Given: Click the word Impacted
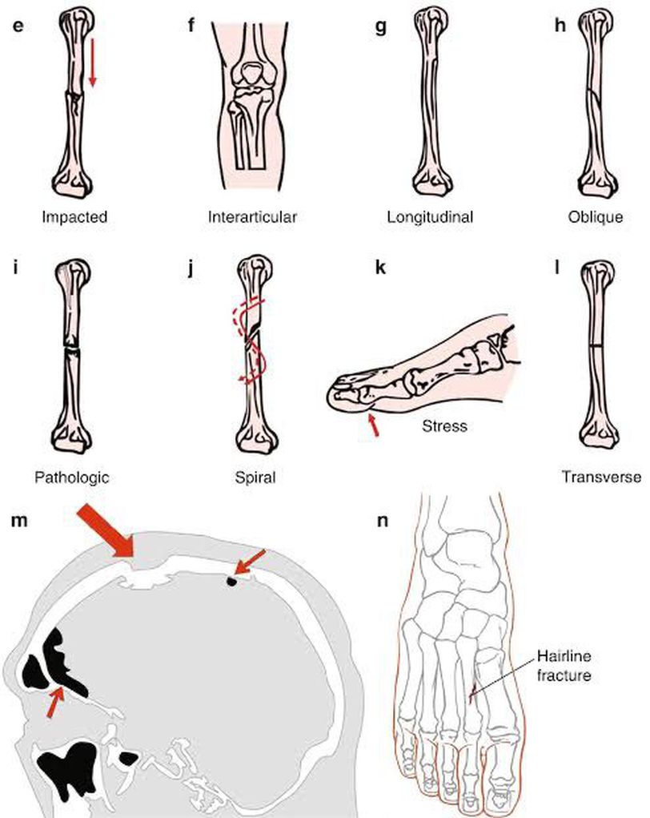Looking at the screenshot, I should point(77,216).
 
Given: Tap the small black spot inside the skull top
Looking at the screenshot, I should point(231,582).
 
